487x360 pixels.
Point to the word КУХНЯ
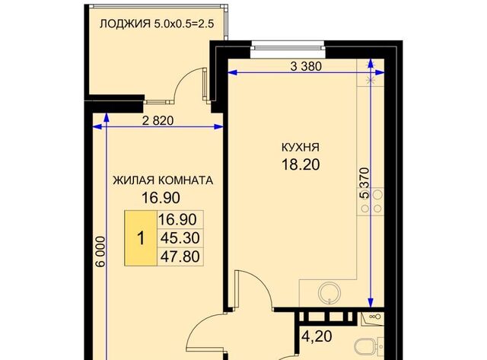pos(300,147)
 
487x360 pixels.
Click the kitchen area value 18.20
pos(300,163)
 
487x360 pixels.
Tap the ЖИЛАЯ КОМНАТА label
pos(162,181)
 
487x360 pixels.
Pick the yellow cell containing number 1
pos(140,238)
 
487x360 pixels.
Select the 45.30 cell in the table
pos(179,238)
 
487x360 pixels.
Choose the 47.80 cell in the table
pos(179,257)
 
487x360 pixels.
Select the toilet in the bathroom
pos(368,346)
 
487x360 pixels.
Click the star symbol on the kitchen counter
pos(371,79)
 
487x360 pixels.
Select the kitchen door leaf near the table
pos(237,289)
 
